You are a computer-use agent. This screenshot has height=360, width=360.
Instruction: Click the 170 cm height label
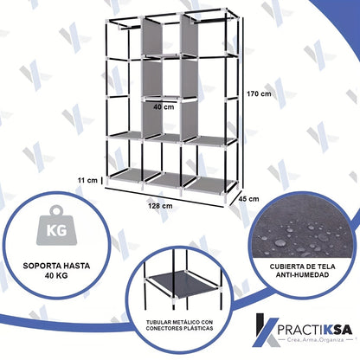[259, 93]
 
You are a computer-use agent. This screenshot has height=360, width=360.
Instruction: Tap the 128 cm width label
[160, 206]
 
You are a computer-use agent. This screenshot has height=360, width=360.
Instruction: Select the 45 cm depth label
[249, 199]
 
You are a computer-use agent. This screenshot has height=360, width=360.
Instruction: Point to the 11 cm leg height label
[87, 180]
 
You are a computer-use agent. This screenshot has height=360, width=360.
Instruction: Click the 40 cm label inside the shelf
[164, 106]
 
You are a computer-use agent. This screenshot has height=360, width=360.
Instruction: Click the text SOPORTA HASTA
[56, 266]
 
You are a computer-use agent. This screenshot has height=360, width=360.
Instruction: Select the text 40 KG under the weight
[56, 275]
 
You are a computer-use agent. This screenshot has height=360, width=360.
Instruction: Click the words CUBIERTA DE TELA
[302, 267]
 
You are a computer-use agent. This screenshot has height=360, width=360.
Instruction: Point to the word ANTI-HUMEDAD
[302, 275]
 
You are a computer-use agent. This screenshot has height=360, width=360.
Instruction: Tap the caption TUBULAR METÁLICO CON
[179, 322]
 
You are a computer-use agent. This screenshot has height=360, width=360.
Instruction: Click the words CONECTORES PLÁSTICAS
[179, 328]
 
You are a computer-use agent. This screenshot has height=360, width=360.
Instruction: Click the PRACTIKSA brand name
[315, 329]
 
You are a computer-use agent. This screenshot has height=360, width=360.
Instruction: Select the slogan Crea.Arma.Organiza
[315, 340]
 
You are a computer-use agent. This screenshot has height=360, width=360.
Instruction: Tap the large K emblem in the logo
[266, 330]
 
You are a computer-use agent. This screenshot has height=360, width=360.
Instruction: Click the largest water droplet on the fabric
[280, 242]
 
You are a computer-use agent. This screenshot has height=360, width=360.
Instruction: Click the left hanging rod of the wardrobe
[130, 28]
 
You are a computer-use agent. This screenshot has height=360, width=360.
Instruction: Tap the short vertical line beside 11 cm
[101, 180]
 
